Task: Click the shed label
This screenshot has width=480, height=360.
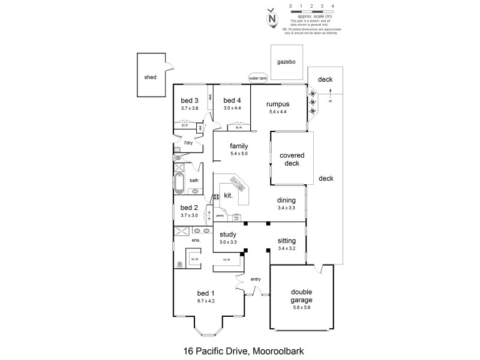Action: tap(150, 77)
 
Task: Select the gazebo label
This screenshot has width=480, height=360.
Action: tap(286, 62)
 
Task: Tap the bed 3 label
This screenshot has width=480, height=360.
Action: tap(190, 100)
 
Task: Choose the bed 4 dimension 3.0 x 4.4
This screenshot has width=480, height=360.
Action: tap(232, 108)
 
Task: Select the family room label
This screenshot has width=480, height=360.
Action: tap(239, 146)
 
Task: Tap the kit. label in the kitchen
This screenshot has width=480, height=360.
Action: tap(228, 196)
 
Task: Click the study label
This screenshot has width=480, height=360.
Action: tap(227, 235)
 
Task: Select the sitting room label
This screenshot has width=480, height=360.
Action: tap(286, 240)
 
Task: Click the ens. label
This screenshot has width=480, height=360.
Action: tap(196, 241)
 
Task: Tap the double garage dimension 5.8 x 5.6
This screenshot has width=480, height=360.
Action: tap(298, 308)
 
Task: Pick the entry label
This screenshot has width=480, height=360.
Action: tap(256, 279)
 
